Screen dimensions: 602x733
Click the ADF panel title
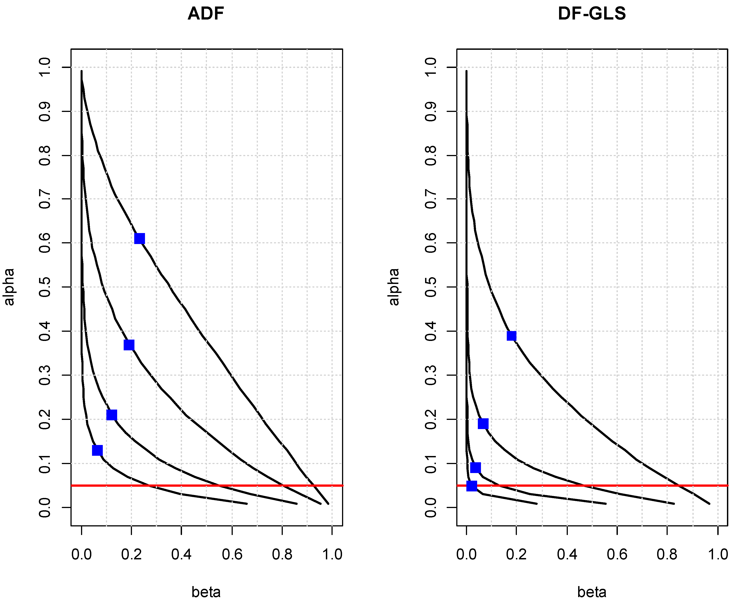(206, 14)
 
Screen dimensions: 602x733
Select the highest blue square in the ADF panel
(139, 239)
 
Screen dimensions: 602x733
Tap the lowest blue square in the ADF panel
(97, 450)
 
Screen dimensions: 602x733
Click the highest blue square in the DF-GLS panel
(511, 336)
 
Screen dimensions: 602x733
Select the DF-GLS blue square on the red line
(472, 486)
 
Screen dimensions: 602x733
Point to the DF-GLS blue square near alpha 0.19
(483, 424)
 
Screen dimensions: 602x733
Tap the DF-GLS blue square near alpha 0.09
(476, 467)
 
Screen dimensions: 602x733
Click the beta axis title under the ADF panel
(206, 592)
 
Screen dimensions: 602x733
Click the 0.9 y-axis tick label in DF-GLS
(430, 111)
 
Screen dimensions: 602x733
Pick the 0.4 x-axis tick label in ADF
(181, 554)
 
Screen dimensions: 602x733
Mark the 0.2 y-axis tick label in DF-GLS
(430, 419)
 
